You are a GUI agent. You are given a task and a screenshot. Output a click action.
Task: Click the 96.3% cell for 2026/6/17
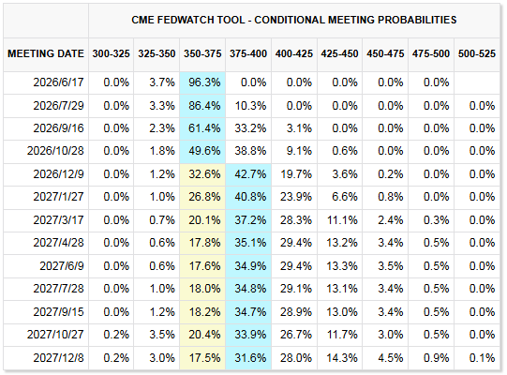click(x=204, y=82)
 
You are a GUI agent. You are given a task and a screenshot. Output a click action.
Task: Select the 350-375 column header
click(x=202, y=53)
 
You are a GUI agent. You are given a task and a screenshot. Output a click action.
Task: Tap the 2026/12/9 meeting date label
click(x=58, y=174)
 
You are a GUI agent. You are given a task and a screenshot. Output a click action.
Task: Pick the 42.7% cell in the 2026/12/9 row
click(x=250, y=174)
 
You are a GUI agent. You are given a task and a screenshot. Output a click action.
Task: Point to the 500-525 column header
click(x=477, y=53)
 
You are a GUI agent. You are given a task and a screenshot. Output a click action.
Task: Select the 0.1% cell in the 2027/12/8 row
click(x=482, y=358)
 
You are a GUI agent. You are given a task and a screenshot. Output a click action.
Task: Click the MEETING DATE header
click(x=46, y=53)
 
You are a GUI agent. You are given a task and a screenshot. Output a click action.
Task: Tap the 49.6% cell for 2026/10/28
click(x=204, y=151)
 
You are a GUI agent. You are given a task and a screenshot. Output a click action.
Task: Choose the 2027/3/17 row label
click(x=58, y=220)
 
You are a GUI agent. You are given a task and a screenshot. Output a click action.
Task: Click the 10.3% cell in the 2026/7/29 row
click(x=250, y=106)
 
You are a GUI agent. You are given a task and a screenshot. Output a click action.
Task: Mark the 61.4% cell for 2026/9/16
click(x=204, y=128)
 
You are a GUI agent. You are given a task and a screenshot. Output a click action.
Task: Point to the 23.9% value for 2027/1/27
click(x=296, y=197)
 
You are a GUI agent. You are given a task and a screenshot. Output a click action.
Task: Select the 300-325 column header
click(x=111, y=53)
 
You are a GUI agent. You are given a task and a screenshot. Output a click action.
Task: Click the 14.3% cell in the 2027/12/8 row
click(x=342, y=358)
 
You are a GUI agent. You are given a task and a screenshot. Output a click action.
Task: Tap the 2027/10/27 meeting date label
click(x=55, y=335)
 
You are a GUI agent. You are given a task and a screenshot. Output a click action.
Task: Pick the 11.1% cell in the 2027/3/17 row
click(x=342, y=220)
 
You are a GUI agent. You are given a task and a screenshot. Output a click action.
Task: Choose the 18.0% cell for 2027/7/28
click(x=204, y=289)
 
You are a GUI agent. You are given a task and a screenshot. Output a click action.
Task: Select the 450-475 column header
click(x=385, y=53)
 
